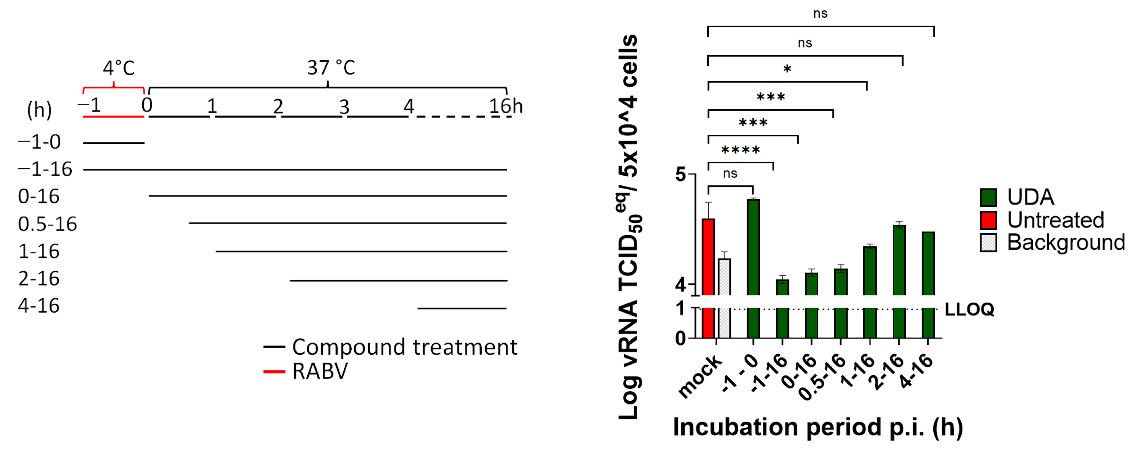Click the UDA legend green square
tap(988, 197)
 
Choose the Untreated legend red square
tap(988, 220)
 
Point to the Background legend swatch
tap(988, 242)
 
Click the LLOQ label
tap(969, 309)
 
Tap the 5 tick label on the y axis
tap(681, 175)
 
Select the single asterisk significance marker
tap(787, 69)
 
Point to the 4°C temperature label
tap(119, 68)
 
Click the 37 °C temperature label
tap(331, 68)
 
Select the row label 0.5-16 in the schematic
tap(47, 224)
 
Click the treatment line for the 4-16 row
tap(462, 308)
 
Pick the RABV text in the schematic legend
tap(320, 371)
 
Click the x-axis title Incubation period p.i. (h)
tap(818, 427)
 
